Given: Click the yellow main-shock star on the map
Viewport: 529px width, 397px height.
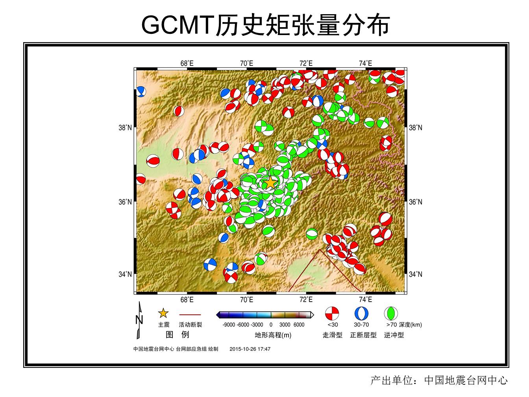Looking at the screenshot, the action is tap(270, 183).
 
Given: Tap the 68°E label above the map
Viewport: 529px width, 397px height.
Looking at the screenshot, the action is tap(187, 63).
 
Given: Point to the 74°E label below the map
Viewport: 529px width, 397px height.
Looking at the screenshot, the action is tap(366, 300).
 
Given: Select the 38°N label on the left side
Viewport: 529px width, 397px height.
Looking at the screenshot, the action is tap(125, 128).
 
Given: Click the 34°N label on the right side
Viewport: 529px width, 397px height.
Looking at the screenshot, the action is tap(416, 274).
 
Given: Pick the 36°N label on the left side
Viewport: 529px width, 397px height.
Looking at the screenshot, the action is tap(125, 202).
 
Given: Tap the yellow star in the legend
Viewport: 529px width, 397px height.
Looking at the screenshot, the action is tap(163, 313).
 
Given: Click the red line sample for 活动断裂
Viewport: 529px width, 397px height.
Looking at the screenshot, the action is tap(190, 315).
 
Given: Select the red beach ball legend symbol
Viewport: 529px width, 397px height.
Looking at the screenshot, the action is tap(332, 314).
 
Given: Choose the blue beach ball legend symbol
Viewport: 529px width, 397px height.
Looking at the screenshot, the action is tap(361, 314).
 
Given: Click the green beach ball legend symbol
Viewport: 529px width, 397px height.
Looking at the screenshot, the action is tap(391, 314).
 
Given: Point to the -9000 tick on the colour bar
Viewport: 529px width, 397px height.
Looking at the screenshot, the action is tap(229, 325).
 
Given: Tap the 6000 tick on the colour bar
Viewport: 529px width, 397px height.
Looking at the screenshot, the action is tap(299, 325).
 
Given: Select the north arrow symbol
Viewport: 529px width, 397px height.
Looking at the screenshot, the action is tap(139, 320).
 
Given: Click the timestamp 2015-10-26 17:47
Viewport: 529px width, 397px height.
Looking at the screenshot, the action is tap(250, 349).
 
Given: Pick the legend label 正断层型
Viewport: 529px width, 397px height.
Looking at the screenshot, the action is tap(363, 335).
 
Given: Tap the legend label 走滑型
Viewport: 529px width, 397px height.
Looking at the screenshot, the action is tap(332, 335).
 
